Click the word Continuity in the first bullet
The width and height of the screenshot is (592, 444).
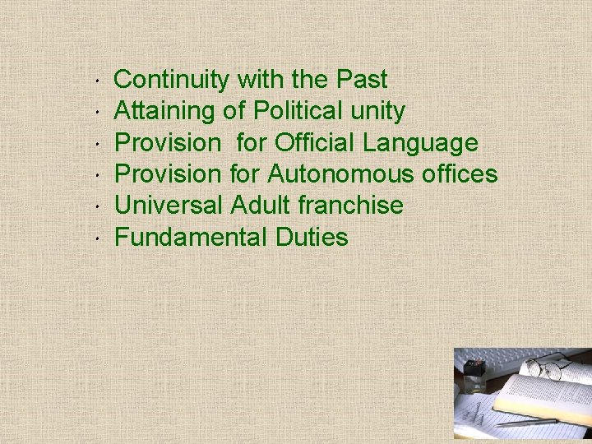click(172, 80)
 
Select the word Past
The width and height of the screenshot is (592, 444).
click(362, 80)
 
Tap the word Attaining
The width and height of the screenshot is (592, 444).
click(165, 111)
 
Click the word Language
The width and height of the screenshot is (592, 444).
click(420, 144)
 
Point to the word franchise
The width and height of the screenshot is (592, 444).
click(356, 205)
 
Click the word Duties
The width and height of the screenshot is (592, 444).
click(312, 237)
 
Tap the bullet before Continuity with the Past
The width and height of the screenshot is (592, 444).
click(97, 81)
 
